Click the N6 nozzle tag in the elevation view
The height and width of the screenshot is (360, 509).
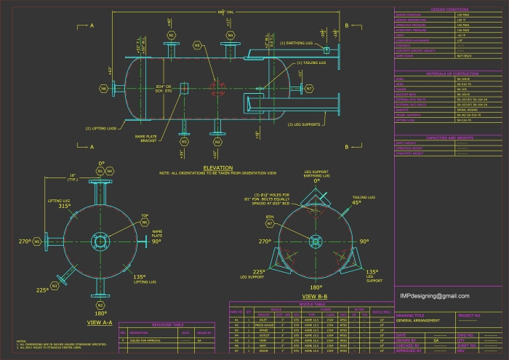(x=104, y=89)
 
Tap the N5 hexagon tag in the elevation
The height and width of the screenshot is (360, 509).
(x=197, y=45)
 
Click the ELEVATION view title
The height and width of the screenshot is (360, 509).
(x=217, y=168)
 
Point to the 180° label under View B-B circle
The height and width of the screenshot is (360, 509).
(x=316, y=287)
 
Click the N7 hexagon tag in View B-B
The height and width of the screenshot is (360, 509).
(x=270, y=223)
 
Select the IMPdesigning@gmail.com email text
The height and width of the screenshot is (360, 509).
(x=435, y=296)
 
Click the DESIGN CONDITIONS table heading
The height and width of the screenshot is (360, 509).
(x=447, y=9)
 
